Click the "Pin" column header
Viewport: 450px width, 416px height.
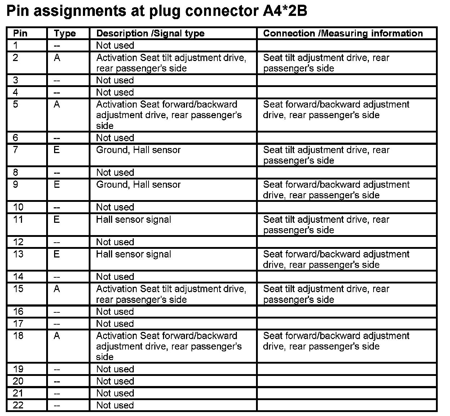pos(20,34)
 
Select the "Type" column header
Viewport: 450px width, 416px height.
pos(65,34)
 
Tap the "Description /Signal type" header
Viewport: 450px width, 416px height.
pos(150,34)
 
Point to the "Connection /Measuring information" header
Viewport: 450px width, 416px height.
pos(343,34)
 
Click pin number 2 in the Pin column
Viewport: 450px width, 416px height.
pos(16,58)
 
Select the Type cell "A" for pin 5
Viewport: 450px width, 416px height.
pos(57,105)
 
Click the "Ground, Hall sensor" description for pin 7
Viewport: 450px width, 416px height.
pos(138,150)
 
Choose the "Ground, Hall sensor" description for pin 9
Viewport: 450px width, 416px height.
pos(138,185)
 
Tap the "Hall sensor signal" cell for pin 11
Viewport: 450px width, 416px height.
pos(134,220)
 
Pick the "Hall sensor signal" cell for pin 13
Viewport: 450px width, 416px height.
pos(134,254)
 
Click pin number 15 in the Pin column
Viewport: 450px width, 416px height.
pos(18,289)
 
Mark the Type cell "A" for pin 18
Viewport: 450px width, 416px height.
pos(57,336)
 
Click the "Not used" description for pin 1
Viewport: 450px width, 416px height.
pos(115,45)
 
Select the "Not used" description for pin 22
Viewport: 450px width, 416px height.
pos(115,405)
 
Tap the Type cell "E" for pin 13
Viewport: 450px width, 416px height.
pos(57,254)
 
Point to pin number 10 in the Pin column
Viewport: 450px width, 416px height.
pos(18,207)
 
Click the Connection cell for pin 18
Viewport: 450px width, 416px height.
pos(336,341)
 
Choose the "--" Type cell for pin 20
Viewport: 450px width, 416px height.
pos(57,382)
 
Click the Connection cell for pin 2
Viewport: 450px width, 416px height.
pos(326,63)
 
